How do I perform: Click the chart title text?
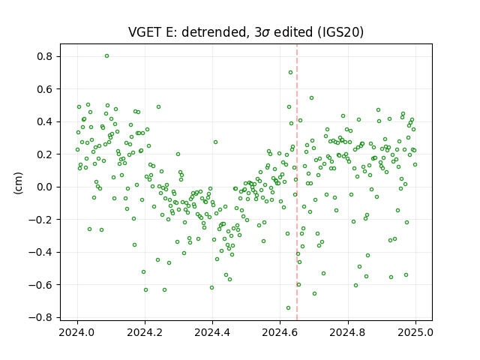tap(246, 32)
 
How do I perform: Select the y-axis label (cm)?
tap(18, 183)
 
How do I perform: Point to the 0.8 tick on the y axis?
tap(45, 57)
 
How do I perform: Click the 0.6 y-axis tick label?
tap(45, 89)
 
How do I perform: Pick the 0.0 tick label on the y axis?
tap(45, 187)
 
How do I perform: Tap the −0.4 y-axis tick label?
tap(41, 252)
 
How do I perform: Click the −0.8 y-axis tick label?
tap(41, 317)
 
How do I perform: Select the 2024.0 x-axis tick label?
tap(77, 332)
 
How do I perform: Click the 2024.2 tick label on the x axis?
tap(145, 332)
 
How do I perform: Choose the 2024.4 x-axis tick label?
tap(212, 332)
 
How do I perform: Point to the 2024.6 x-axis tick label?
tap(280, 332)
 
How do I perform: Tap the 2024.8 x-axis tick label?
tap(348, 332)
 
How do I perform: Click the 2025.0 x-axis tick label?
tap(415, 332)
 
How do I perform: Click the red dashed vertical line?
tap(297, 182)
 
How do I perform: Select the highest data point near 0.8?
tap(106, 56)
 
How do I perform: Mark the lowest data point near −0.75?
tap(288, 308)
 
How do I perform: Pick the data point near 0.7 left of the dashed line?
tap(290, 73)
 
